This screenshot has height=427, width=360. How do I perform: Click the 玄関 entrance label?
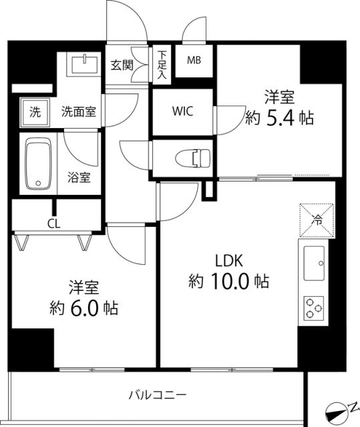tap(122, 65)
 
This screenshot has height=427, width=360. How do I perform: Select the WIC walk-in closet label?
tap(182, 111)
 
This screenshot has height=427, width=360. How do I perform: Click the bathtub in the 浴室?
tap(37, 163)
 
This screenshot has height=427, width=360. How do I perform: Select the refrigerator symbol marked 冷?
tap(316, 219)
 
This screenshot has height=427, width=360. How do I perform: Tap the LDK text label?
tap(227, 260)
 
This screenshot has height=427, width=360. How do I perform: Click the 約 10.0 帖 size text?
tap(228, 282)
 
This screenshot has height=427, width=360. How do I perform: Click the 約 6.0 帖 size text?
tap(84, 308)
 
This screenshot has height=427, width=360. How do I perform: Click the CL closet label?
tap(53, 224)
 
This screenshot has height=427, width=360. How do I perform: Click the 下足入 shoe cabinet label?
tap(162, 65)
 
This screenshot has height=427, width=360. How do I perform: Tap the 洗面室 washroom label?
tap(79, 111)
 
